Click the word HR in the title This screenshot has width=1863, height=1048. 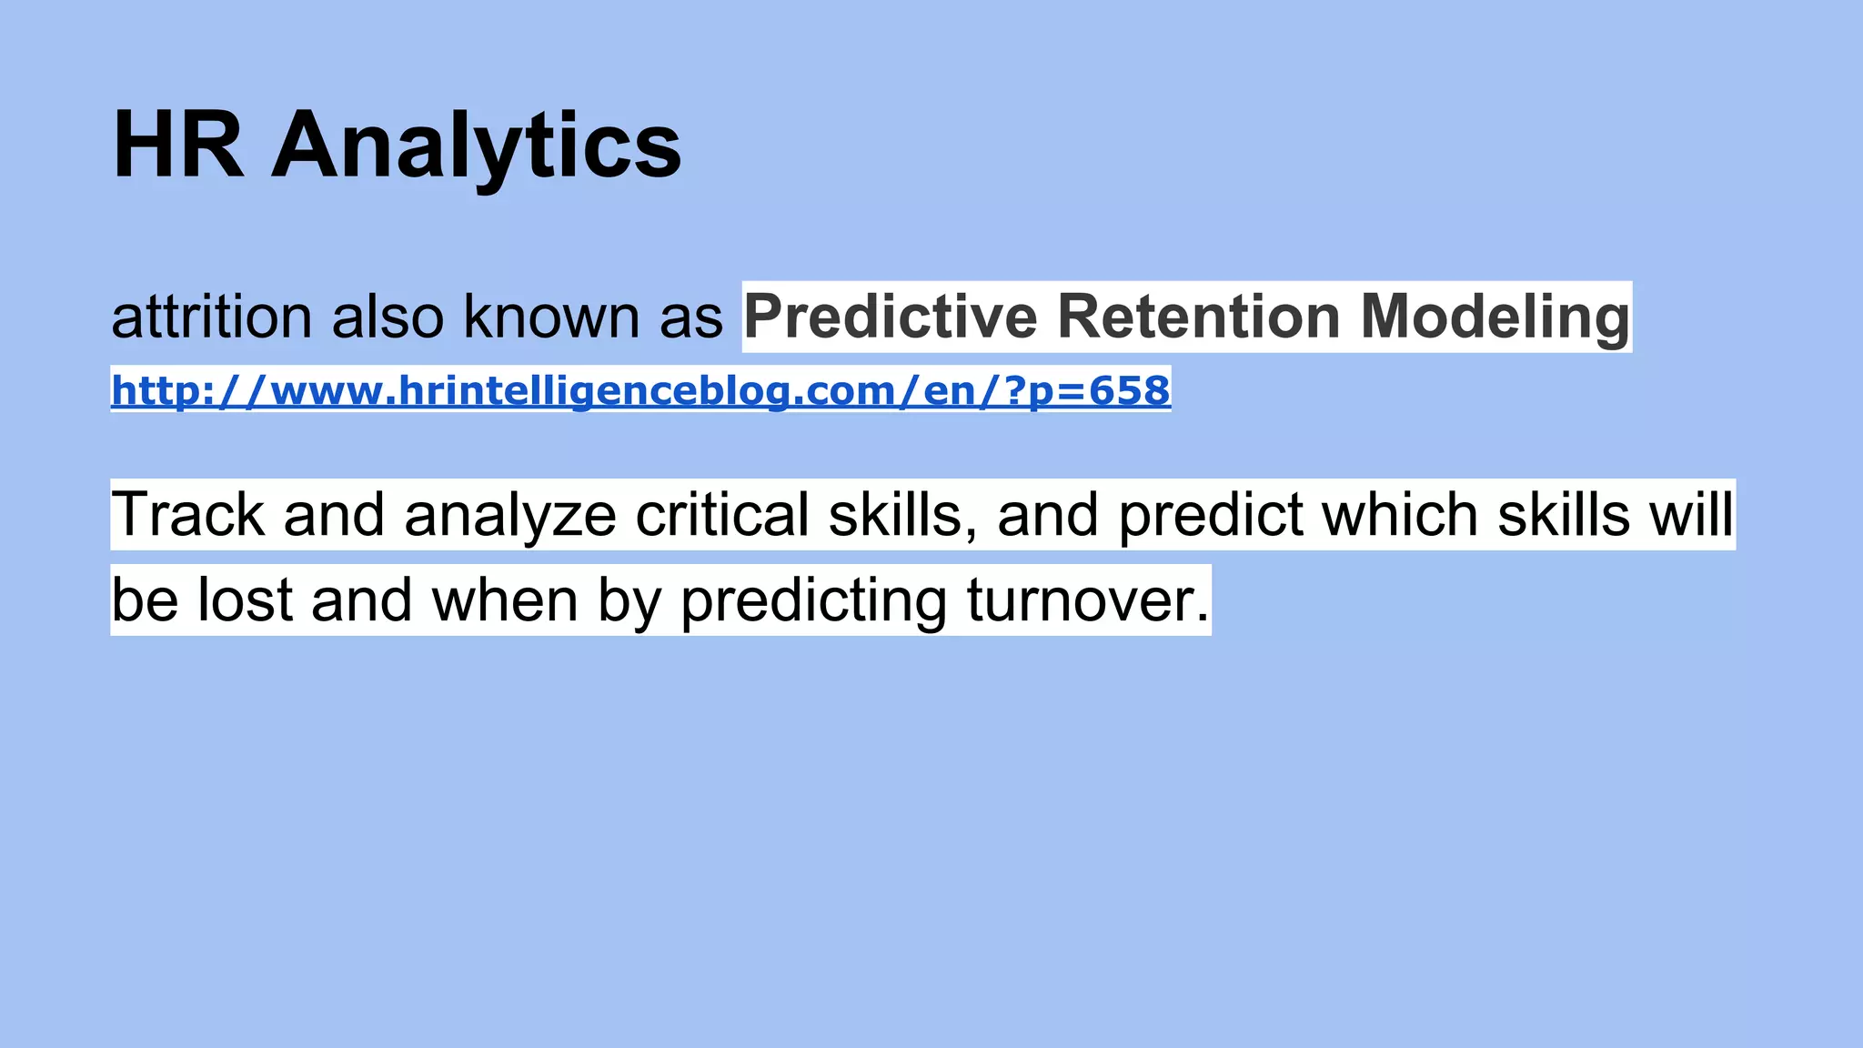(178, 146)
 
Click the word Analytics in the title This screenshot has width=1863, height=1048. (476, 146)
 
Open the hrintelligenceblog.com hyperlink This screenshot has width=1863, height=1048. (640, 390)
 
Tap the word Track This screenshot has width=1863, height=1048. (187, 515)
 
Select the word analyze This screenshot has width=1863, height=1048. (509, 515)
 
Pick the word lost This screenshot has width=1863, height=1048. (245, 600)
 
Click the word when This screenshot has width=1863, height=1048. (505, 600)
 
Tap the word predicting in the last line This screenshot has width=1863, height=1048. (813, 600)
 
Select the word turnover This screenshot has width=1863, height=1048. (1088, 600)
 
